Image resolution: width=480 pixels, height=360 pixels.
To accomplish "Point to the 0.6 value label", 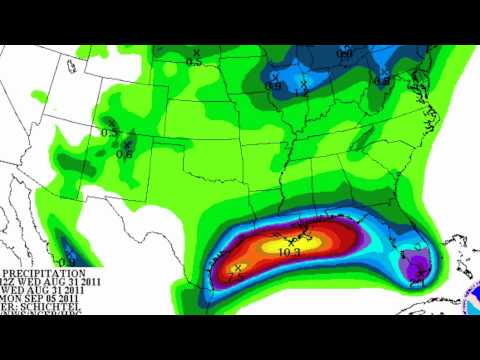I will pos(124,153).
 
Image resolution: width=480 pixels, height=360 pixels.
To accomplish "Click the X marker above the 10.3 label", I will pos(290,240).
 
